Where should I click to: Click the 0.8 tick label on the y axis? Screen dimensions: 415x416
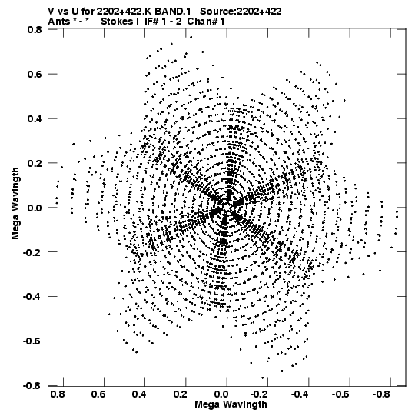(x=35, y=29)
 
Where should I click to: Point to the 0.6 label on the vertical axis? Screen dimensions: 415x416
(x=35, y=74)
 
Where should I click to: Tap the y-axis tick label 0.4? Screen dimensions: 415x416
(x=35, y=118)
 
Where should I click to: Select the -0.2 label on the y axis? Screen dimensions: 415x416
(x=32, y=252)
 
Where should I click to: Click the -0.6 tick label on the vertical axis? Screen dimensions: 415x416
(x=32, y=341)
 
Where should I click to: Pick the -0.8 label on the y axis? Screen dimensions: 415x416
(x=32, y=385)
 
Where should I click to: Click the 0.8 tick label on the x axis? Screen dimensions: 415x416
(x=58, y=394)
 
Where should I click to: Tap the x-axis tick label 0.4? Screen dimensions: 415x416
(x=139, y=394)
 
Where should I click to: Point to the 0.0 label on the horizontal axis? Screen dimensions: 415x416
(x=221, y=394)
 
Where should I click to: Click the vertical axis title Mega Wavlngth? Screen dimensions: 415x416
(x=15, y=204)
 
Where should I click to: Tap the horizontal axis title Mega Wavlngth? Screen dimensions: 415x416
(x=231, y=404)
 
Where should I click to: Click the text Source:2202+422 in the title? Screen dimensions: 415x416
(x=241, y=12)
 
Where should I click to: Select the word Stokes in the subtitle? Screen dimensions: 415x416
(x=120, y=22)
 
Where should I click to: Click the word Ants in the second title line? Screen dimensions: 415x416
(x=59, y=22)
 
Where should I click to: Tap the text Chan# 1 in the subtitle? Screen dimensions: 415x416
(x=206, y=22)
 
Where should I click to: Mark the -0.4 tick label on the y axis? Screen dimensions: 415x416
(x=32, y=296)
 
